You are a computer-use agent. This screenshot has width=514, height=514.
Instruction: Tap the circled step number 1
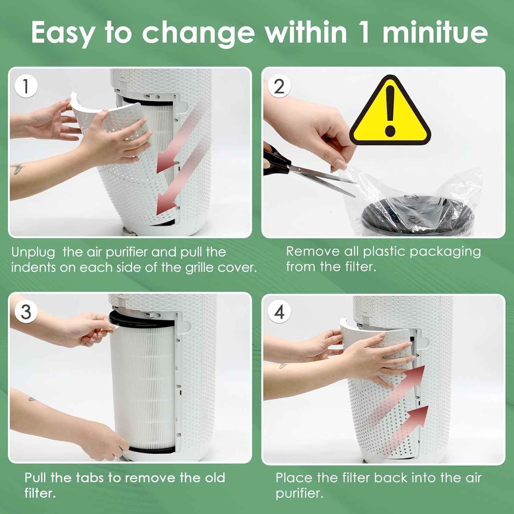click(26, 86)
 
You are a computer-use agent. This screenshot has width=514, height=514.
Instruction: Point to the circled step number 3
click(26, 311)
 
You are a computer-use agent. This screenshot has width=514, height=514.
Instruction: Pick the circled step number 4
click(279, 311)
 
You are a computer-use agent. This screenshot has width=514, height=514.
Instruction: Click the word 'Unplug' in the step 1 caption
click(33, 253)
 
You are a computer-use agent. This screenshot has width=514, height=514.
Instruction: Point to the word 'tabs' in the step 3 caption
click(91, 477)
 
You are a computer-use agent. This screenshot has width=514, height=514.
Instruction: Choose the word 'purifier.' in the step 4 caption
click(299, 494)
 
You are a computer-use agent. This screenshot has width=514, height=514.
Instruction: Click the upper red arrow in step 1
click(178, 140)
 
